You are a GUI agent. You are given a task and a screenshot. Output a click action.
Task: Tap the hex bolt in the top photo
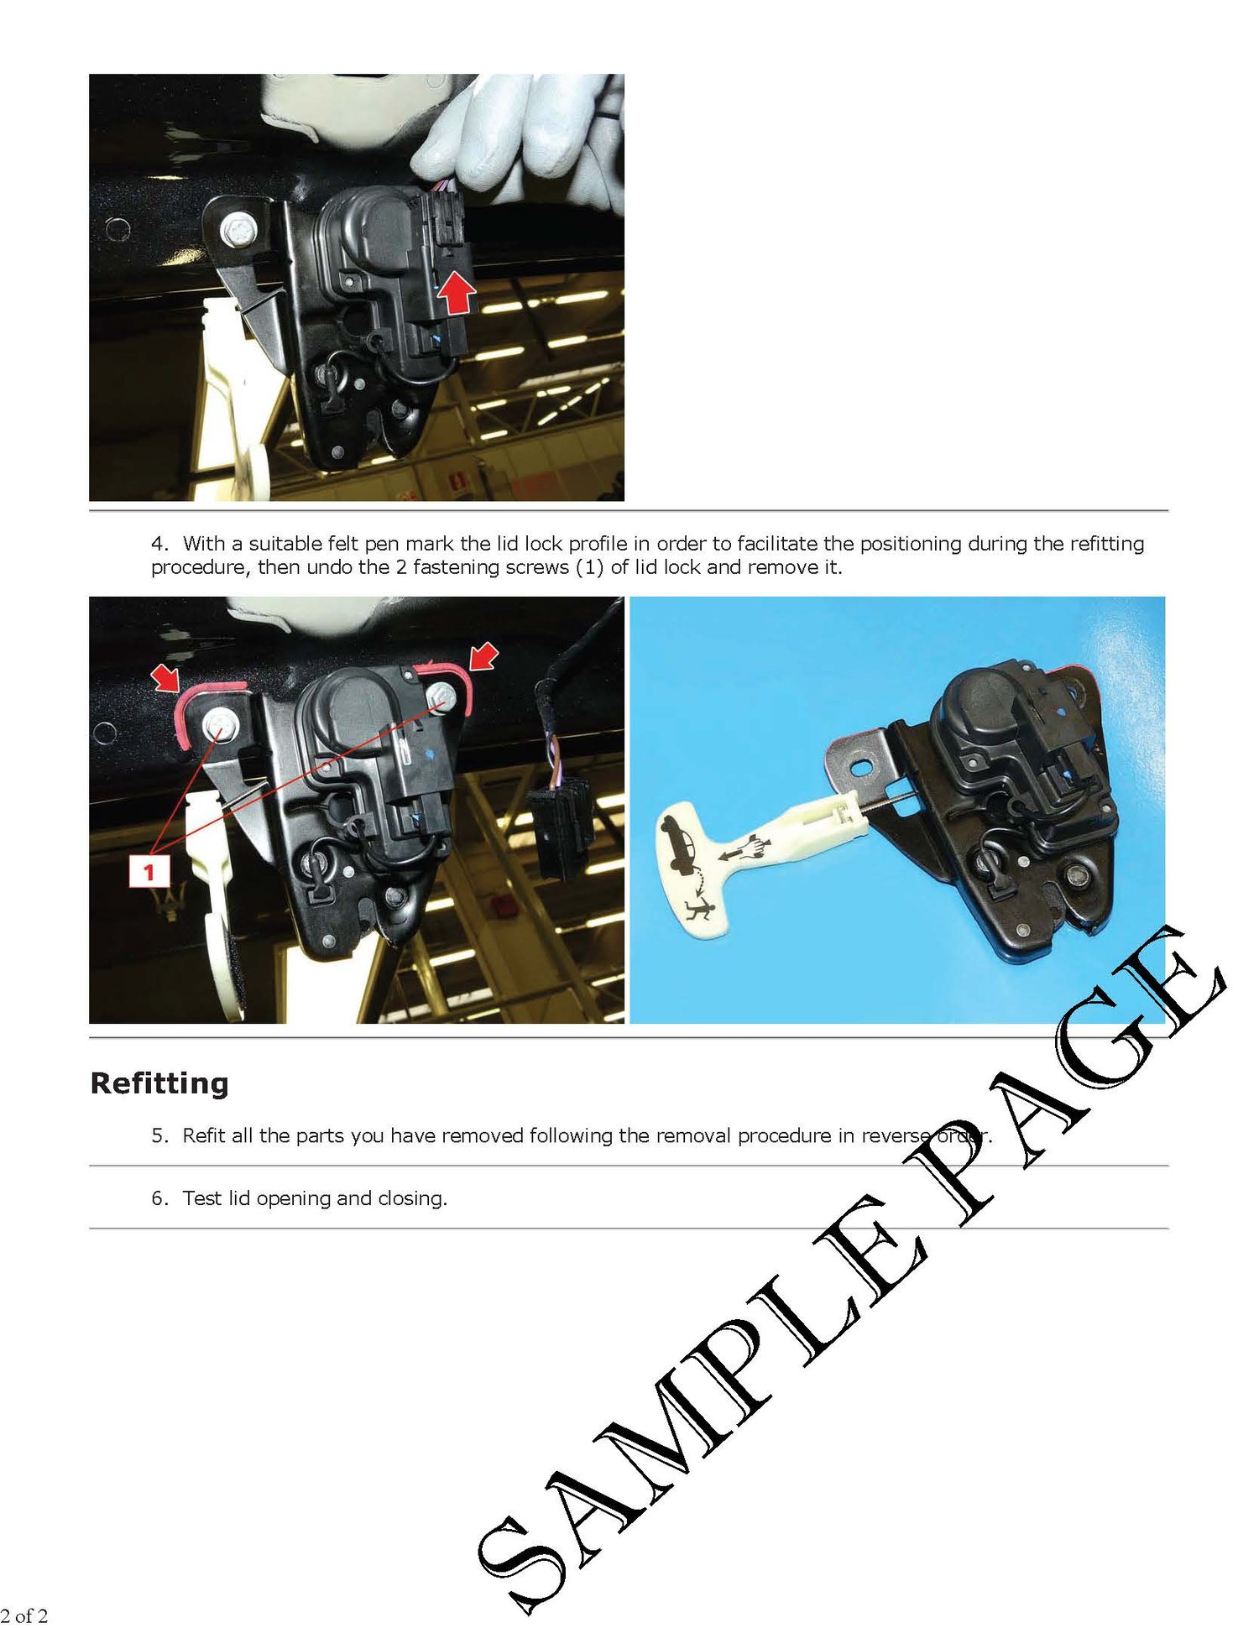click(238, 229)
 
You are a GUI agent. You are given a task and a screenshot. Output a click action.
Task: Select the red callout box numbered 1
click(149, 871)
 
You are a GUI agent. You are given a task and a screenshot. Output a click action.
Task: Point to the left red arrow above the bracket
click(166, 676)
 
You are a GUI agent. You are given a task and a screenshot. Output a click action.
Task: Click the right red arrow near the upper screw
click(483, 656)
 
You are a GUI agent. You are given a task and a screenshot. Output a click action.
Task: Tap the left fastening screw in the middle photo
click(218, 723)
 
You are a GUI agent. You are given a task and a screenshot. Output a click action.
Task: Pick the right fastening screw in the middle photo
click(440, 696)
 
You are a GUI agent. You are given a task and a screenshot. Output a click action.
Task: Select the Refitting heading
click(159, 1083)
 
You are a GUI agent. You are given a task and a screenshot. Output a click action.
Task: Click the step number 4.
click(159, 544)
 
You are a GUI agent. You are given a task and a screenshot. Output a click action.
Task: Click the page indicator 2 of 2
click(24, 1615)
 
